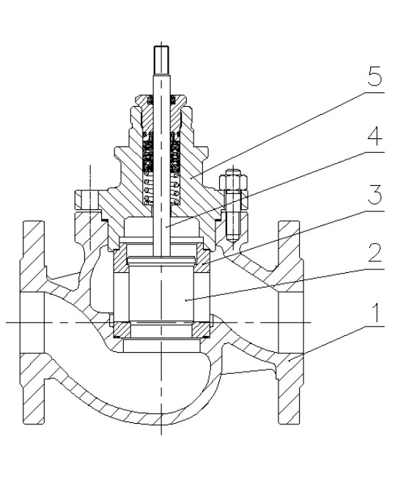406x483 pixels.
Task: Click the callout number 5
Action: point(374,76)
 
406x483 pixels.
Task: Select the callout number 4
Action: point(375,136)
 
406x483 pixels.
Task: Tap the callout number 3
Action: point(375,195)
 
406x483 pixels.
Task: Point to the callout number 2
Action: point(375,253)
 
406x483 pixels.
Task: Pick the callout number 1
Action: point(376,312)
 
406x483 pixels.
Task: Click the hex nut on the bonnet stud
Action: point(233,181)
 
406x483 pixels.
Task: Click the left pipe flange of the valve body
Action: point(32,322)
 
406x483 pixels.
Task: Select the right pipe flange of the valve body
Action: point(291,322)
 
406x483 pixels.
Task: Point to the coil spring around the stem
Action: point(161,188)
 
